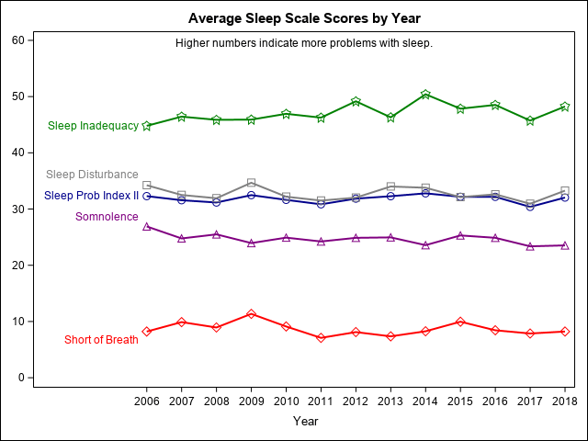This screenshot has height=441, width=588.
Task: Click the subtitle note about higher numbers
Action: coord(304,43)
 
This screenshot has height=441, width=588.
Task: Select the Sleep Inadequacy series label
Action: coord(93,126)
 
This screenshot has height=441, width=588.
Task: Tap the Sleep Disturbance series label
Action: coord(92,175)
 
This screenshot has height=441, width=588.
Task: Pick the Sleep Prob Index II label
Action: coord(91,196)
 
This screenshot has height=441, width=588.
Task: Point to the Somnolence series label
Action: coord(107,217)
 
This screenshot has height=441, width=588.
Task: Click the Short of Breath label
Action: coord(101,340)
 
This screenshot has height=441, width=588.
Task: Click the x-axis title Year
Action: coord(305,421)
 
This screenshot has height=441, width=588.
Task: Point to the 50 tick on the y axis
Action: coord(18,96)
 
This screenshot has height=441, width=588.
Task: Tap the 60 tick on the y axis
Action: coord(18,40)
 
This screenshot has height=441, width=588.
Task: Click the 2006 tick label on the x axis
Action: coord(147,401)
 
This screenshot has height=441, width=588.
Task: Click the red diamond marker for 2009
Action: coord(252,314)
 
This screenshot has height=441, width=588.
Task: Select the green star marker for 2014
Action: coord(425,95)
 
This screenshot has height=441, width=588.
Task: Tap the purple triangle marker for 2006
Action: coord(147,226)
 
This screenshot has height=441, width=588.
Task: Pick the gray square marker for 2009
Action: coord(252,183)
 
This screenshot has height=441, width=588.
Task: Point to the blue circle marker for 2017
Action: coord(530,207)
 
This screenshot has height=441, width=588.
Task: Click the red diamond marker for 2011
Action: coord(321,338)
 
